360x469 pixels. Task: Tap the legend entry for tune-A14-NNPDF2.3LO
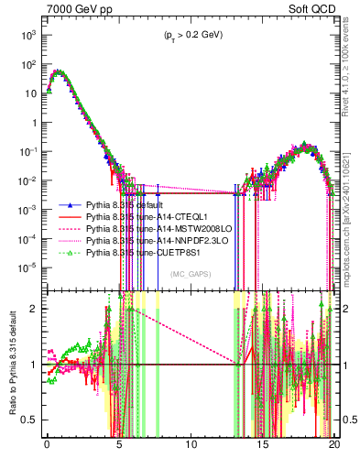click(x=155, y=241)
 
